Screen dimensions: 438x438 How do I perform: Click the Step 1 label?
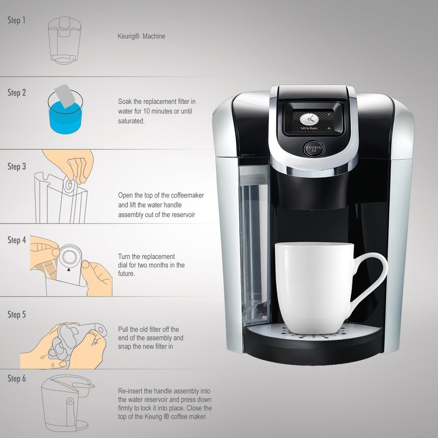pyautogui.click(x=17, y=20)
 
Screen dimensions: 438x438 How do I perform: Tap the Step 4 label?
pyautogui.click(x=17, y=240)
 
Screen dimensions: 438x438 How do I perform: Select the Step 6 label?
pyautogui.click(x=17, y=378)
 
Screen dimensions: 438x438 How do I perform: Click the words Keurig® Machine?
pyautogui.click(x=141, y=36)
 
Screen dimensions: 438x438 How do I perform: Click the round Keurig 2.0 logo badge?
pyautogui.click(x=313, y=148)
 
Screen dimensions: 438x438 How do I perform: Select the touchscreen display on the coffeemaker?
pyautogui.click(x=312, y=119)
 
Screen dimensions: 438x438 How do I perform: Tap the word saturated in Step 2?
pyautogui.click(x=131, y=120)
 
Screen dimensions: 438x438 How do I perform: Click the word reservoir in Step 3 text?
pyautogui.click(x=181, y=215)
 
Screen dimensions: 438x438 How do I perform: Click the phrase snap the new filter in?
pyautogui.click(x=145, y=346)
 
